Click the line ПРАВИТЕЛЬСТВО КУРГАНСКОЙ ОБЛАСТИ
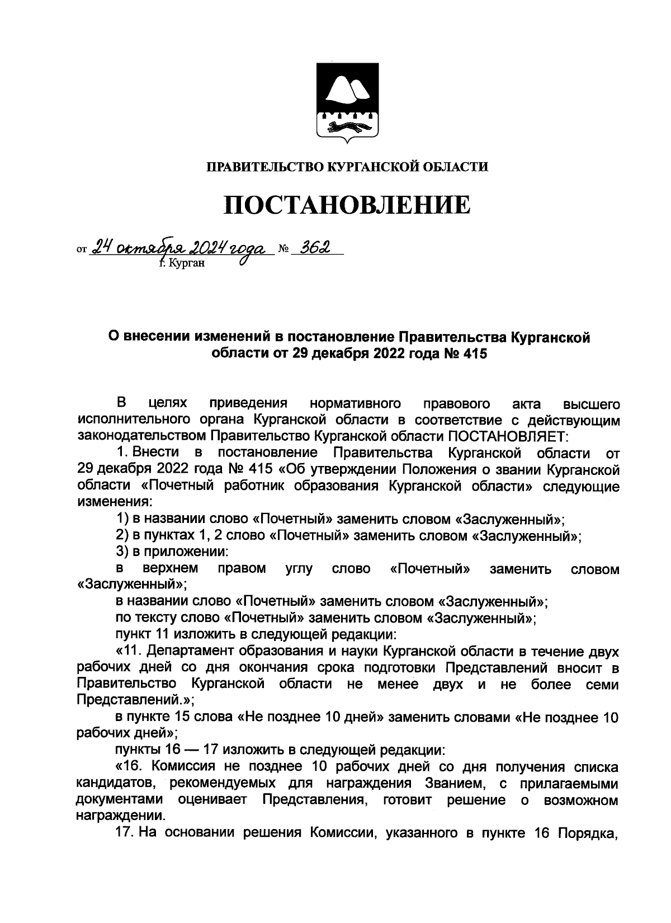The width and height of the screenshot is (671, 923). pyautogui.click(x=347, y=166)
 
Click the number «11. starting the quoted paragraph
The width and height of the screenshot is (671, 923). pyautogui.click(x=128, y=652)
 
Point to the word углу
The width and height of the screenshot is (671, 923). pyautogui.click(x=299, y=569)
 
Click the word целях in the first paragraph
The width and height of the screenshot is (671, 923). pyautogui.click(x=168, y=403)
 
